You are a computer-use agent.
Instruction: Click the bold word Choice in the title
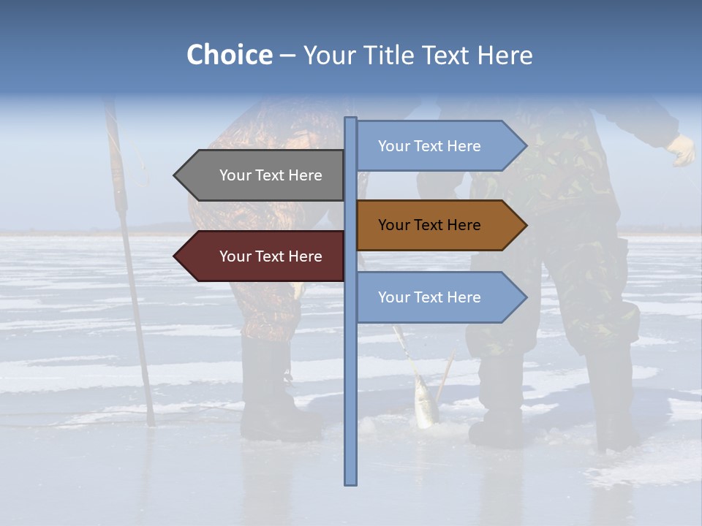pos(229,56)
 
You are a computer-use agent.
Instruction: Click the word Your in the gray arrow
pos(235,175)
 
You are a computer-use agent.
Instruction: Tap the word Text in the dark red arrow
pos(271,256)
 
